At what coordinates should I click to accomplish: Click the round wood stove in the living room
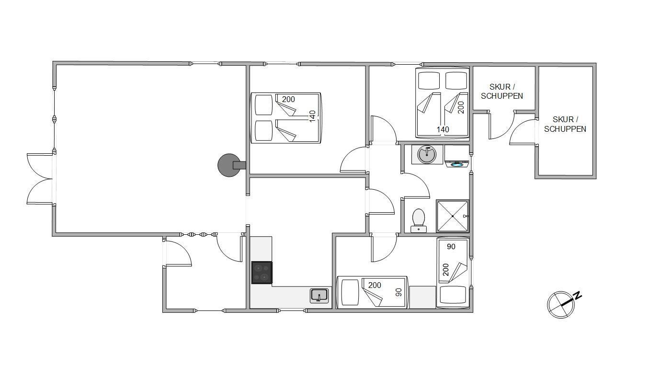click(x=229, y=165)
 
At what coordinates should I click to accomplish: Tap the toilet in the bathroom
click(x=419, y=220)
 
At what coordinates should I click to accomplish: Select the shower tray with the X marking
click(x=452, y=216)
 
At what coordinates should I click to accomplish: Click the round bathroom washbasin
click(x=427, y=154)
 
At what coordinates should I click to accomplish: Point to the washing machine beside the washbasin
click(x=457, y=156)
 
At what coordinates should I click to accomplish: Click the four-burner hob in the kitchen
click(x=262, y=273)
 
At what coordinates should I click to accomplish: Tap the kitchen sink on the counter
click(x=319, y=295)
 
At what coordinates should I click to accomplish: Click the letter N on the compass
click(x=577, y=295)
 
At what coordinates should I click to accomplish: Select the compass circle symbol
click(x=561, y=305)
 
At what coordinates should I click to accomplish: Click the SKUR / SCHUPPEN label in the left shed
click(x=502, y=92)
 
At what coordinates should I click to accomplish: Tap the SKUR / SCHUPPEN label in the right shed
click(x=565, y=124)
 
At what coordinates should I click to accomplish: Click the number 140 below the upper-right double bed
click(x=443, y=129)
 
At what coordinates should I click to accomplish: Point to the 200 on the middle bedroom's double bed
click(x=288, y=99)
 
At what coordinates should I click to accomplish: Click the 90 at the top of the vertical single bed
click(x=451, y=246)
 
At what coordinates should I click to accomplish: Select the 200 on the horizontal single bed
click(x=375, y=285)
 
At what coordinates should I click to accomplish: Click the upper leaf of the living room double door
click(x=40, y=166)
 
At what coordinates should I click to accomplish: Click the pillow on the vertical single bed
click(x=453, y=296)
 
